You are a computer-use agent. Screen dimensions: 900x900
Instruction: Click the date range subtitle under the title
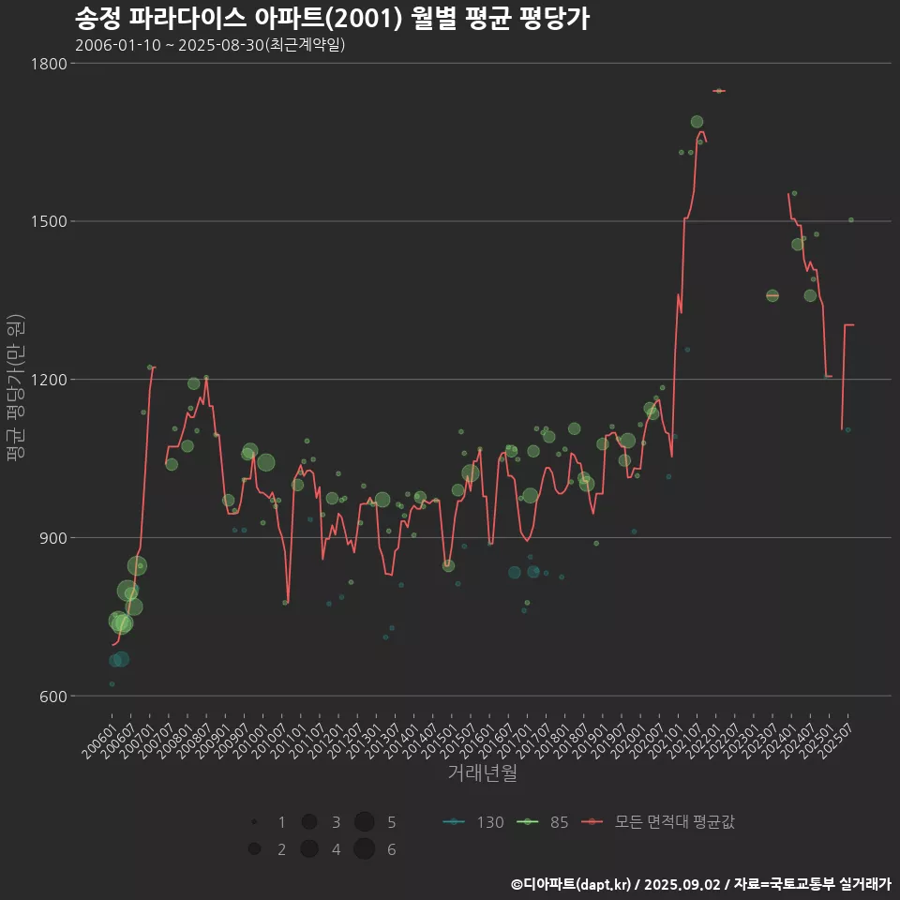tap(210, 45)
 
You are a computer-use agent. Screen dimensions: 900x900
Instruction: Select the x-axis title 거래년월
tap(482, 773)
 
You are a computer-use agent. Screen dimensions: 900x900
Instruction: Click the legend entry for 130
tap(473, 822)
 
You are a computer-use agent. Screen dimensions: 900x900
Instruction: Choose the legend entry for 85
tap(545, 822)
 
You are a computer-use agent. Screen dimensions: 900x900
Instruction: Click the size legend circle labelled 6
tap(365, 849)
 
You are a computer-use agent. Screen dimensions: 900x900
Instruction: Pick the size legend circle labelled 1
tap(254, 822)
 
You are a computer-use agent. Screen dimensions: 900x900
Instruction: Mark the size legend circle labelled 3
tap(309, 822)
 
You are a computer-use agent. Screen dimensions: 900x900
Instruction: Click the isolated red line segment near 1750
tap(719, 91)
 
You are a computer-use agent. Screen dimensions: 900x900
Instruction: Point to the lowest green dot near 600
tap(112, 684)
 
